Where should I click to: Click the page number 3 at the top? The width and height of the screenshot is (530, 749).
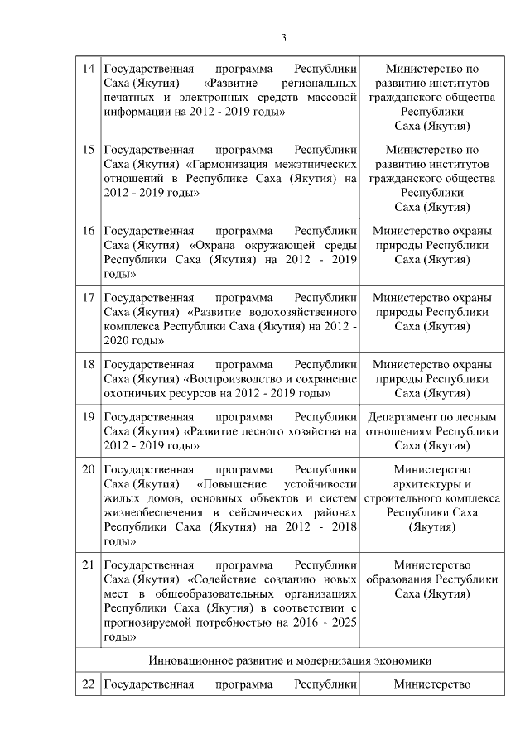point(283,37)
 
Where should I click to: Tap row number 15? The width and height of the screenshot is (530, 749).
point(88,150)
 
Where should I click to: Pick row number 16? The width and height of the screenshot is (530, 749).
point(88,231)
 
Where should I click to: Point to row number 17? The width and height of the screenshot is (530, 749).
point(88,297)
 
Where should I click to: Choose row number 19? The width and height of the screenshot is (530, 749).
point(88,416)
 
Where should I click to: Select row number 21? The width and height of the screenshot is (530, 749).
point(88,564)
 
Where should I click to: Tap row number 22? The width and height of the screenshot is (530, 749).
point(88,684)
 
